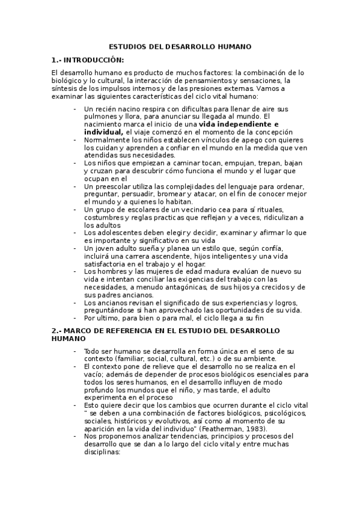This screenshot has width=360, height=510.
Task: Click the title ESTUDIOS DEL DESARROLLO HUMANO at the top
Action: point(180,46)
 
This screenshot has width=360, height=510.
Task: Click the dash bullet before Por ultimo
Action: point(75,318)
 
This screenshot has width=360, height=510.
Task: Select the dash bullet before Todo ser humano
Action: point(75,351)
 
